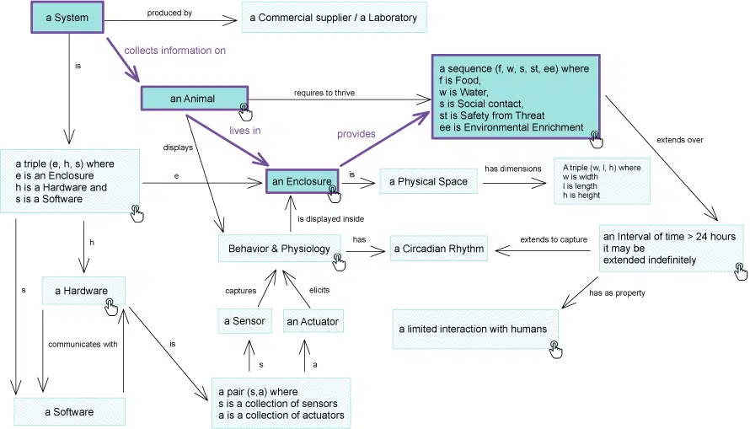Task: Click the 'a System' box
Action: [66, 18]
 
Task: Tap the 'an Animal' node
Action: [193, 99]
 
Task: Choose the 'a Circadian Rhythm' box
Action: [438, 249]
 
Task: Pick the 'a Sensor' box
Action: [244, 321]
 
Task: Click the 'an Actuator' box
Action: [313, 321]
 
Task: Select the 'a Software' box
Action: [69, 411]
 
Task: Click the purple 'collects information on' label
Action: [174, 51]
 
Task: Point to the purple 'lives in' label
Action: [245, 131]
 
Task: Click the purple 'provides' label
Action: [356, 133]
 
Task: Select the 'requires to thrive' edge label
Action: [324, 93]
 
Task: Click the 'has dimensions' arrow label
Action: [512, 169]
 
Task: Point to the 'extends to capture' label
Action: [554, 240]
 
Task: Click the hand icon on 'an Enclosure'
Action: [334, 191]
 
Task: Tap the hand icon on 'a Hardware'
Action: [110, 305]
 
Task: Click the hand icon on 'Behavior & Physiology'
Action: [338, 262]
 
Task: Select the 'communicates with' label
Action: [83, 344]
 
